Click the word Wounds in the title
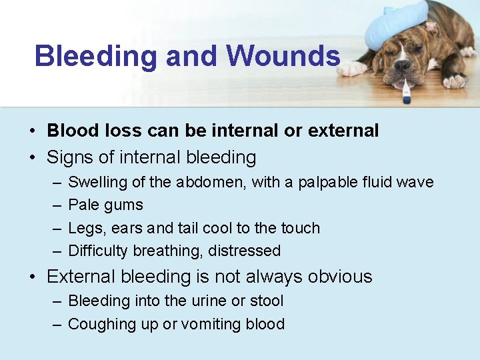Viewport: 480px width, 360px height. pyautogui.click(x=283, y=56)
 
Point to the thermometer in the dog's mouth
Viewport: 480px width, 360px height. pyautogui.click(x=407, y=90)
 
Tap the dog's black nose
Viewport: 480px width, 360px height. pyautogui.click(x=402, y=67)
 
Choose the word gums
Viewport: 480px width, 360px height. pyautogui.click(x=124, y=205)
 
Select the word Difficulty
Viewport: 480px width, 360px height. pyautogui.click(x=99, y=251)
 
